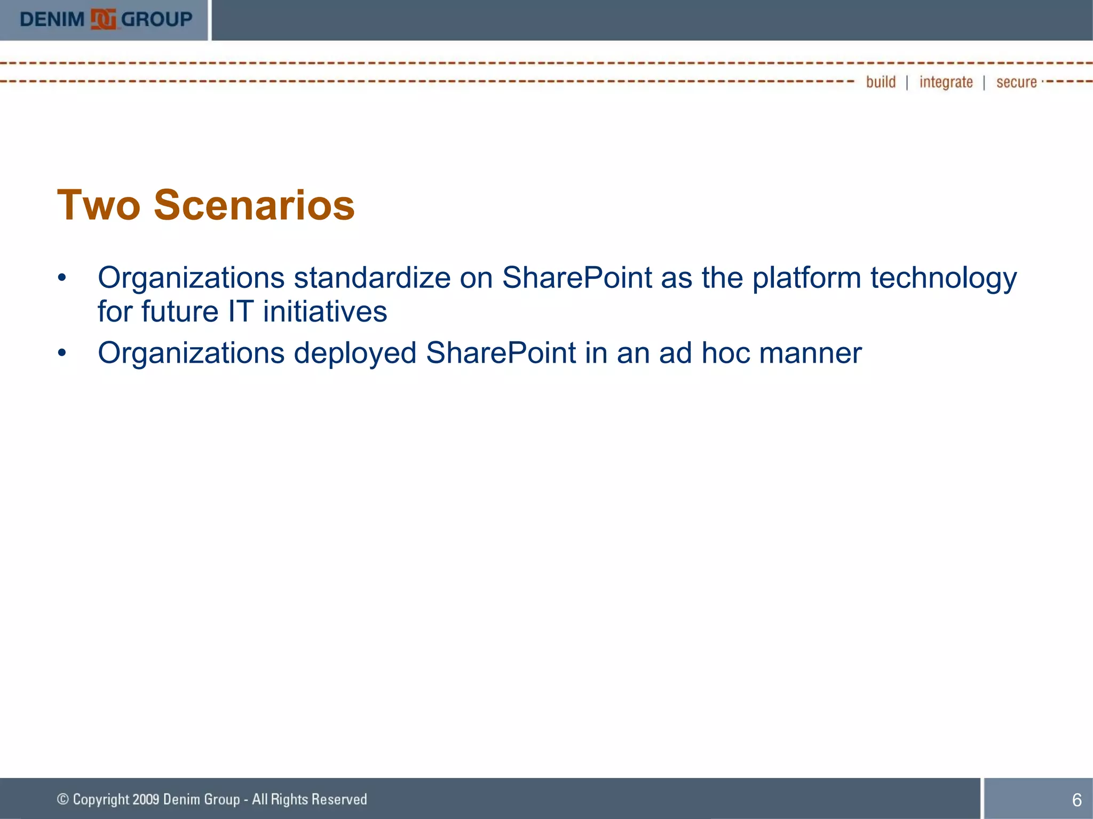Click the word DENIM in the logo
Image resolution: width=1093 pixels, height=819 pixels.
click(x=52, y=20)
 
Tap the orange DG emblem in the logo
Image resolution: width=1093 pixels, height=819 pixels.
click(x=103, y=20)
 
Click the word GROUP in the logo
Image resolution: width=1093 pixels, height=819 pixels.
click(x=156, y=20)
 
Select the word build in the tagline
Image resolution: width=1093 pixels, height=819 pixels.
click(x=881, y=82)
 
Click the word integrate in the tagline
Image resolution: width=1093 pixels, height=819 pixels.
click(x=946, y=82)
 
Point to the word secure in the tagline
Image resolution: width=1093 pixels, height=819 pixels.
click(x=1016, y=82)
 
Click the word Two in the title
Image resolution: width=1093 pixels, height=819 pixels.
click(x=99, y=205)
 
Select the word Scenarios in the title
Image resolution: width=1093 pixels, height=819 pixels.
click(x=254, y=205)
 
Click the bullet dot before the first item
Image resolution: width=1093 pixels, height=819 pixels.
click(x=62, y=278)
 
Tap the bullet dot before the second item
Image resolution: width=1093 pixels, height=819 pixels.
click(x=62, y=353)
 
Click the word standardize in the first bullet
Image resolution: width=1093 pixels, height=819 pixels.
click(x=372, y=278)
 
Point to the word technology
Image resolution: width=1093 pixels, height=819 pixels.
click(x=944, y=278)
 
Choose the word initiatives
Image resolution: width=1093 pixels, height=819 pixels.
click(x=324, y=311)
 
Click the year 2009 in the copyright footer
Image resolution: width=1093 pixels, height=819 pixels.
click(x=146, y=799)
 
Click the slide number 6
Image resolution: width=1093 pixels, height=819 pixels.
click(x=1076, y=800)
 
